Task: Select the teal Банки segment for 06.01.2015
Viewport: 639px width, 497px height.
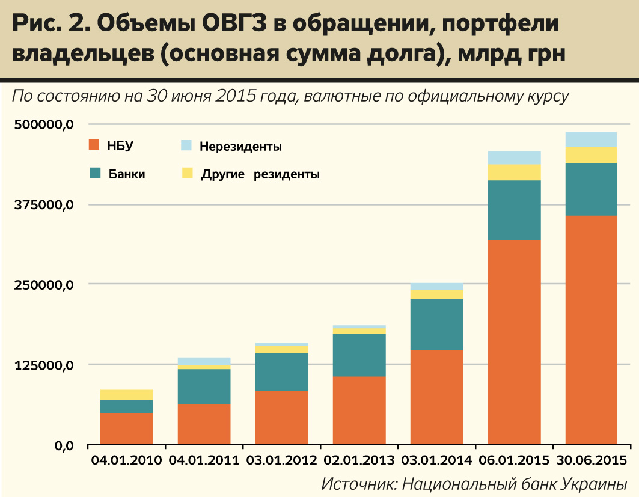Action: pyautogui.click(x=514, y=210)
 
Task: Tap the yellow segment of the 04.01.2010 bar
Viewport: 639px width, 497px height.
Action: pyautogui.click(x=126, y=394)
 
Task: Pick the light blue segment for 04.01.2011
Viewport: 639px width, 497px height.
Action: pyautogui.click(x=204, y=361)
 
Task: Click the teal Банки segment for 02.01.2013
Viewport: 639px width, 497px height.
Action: pyautogui.click(x=359, y=355)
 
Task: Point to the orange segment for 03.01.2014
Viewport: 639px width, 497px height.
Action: pyautogui.click(x=436, y=397)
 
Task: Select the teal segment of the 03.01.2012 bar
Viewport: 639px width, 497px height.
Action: pyautogui.click(x=281, y=371)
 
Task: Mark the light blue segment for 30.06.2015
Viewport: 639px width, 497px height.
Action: pyautogui.click(x=592, y=139)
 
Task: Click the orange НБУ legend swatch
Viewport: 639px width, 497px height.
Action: pyautogui.click(x=93, y=144)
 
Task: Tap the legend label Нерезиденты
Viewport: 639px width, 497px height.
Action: pyautogui.click(x=240, y=146)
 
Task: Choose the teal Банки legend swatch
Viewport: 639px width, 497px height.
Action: pyautogui.click(x=94, y=173)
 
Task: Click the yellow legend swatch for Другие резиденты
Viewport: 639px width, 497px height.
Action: pyautogui.click(x=187, y=173)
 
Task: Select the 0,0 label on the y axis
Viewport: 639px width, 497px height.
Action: pyautogui.click(x=60, y=446)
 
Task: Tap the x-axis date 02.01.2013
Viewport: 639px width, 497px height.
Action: pyautogui.click(x=359, y=462)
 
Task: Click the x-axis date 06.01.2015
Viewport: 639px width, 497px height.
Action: pyautogui.click(x=514, y=462)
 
